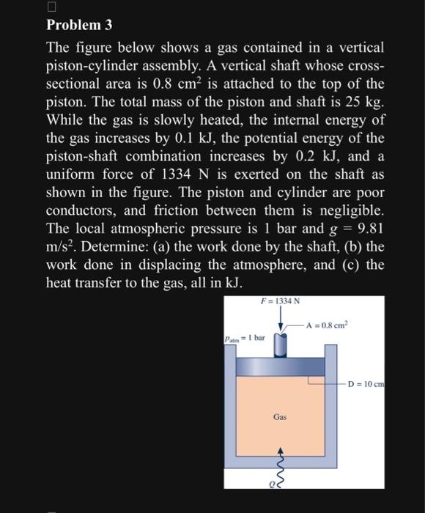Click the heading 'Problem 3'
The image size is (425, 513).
coord(79,25)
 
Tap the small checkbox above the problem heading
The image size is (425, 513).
coord(51,7)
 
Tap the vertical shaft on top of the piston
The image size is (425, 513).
coord(281,344)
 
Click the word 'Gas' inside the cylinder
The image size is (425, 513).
coord(279,416)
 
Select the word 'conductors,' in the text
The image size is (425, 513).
coord(82,210)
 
